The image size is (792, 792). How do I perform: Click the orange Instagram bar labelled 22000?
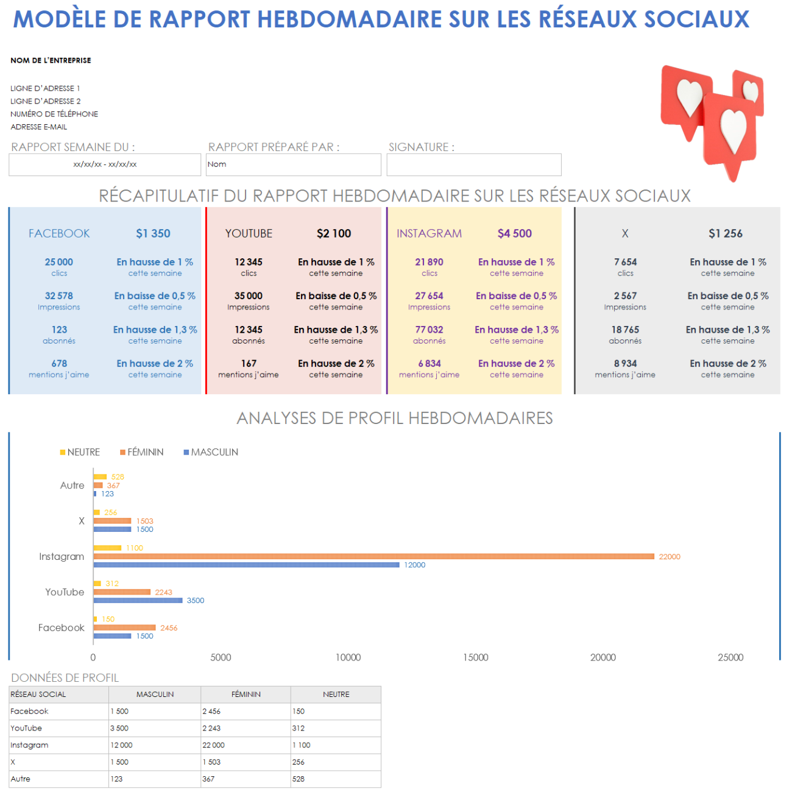click(x=373, y=556)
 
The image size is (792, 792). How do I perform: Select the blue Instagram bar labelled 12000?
click(x=246, y=565)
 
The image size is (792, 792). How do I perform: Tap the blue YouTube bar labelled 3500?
click(x=138, y=600)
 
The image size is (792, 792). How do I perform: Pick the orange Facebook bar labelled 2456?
click(x=124, y=628)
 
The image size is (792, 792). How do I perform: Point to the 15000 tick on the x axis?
click(x=475, y=657)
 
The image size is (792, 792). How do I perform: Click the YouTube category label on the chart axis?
click(x=65, y=592)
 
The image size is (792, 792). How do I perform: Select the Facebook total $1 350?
click(x=153, y=233)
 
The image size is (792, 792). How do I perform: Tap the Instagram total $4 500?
click(x=514, y=233)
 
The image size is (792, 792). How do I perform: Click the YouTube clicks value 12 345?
click(x=249, y=262)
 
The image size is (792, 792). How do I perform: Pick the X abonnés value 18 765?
click(x=625, y=330)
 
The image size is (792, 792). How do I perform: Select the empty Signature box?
click(x=473, y=164)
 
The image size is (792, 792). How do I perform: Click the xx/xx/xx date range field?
click(x=105, y=164)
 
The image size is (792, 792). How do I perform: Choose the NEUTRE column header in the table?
click(x=336, y=695)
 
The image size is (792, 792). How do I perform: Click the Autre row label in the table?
click(x=21, y=779)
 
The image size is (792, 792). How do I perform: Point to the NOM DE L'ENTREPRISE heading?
click(x=51, y=60)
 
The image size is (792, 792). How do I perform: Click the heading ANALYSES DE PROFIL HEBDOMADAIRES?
click(x=395, y=418)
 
